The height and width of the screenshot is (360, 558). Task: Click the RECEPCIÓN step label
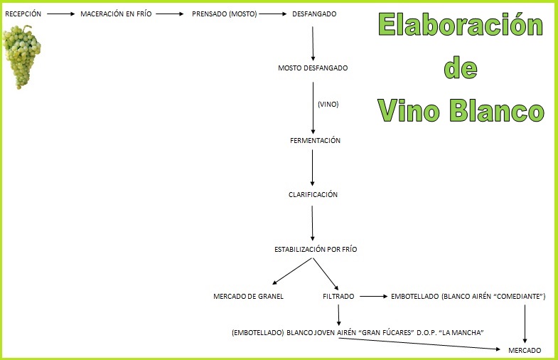pos(23,14)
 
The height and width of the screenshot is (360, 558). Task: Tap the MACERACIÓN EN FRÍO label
pos(116,14)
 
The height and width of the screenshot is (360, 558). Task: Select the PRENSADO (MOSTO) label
pos(224,14)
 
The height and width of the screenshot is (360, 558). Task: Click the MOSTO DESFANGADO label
pos(313,68)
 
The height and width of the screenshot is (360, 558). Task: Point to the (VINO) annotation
pos(328,105)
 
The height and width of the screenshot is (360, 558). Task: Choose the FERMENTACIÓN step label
pos(315,140)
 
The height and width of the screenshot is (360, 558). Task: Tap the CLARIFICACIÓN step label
pos(313,194)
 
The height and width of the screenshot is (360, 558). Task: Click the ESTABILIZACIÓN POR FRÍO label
pos(316,249)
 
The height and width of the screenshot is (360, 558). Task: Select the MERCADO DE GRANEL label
pos(248,296)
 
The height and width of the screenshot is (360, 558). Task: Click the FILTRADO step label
pos(338,296)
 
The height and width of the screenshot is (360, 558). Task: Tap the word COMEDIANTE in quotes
pos(519,296)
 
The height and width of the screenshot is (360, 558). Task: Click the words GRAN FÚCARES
pos(386,332)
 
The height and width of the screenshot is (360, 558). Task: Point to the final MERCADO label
pos(525,350)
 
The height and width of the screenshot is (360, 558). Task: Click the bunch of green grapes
pos(22,57)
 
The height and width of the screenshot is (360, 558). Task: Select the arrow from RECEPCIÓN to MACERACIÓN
pos(61,14)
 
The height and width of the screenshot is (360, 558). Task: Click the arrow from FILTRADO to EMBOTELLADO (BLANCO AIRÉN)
pos(373,296)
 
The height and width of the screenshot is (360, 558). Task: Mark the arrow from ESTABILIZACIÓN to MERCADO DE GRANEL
pos(292,271)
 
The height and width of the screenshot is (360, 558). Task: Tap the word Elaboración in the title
pos(461,24)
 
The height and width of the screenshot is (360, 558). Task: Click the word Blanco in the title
pos(497,110)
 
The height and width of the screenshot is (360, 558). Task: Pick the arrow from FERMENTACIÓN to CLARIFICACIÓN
pos(313,168)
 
